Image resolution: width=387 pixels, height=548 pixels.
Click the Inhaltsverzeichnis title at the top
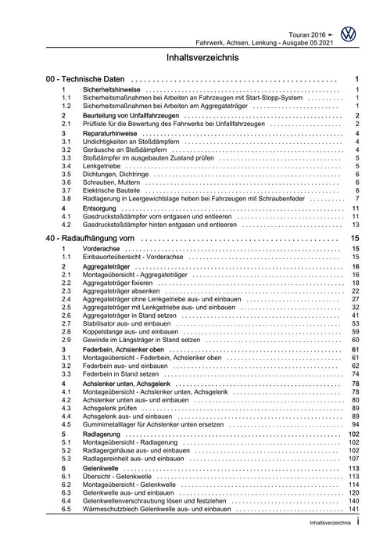click(194, 57)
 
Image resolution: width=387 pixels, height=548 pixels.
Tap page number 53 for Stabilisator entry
click(354, 323)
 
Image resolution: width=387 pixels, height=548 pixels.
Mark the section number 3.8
click(67, 198)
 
